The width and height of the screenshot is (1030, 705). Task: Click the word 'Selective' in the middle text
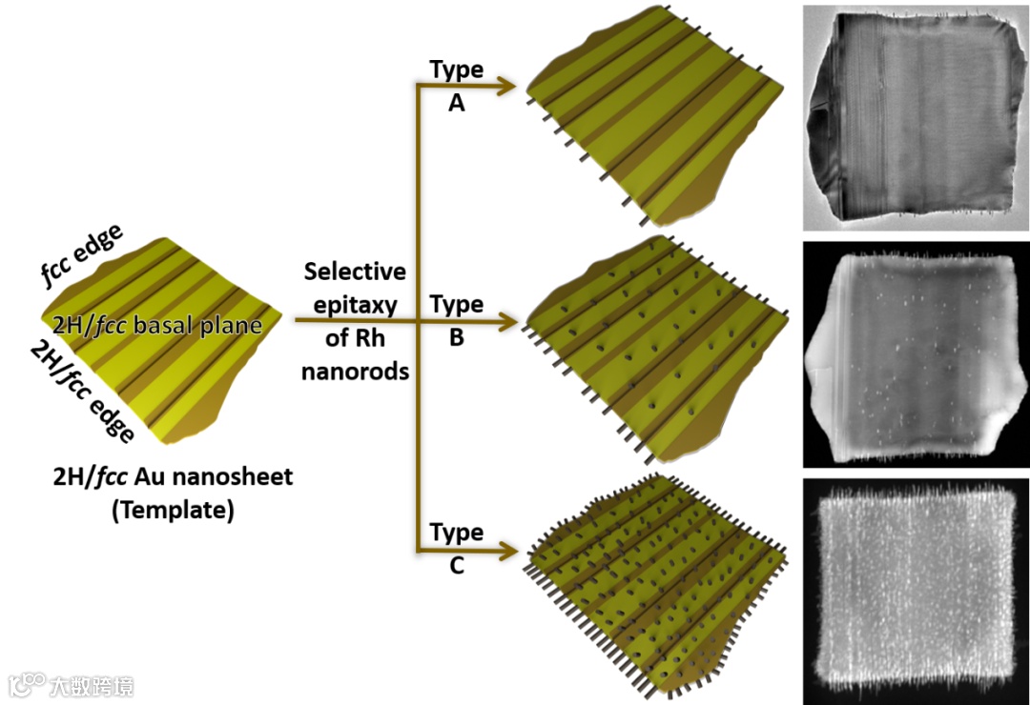tap(355, 272)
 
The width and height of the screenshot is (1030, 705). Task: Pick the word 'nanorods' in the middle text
tap(355, 371)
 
